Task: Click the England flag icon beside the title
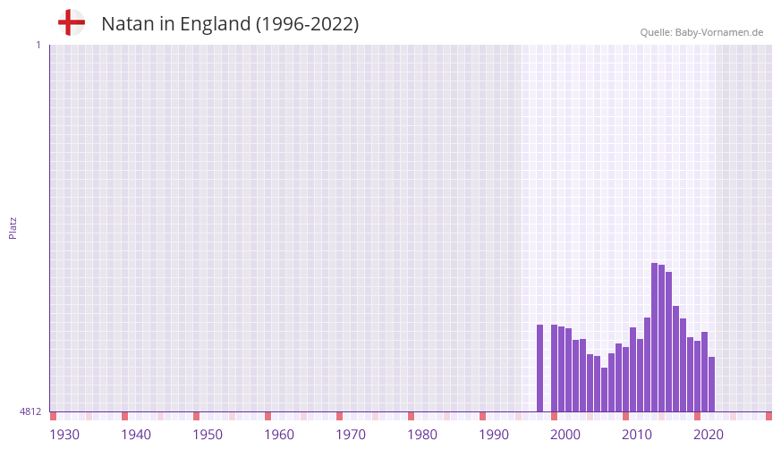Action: coord(72,22)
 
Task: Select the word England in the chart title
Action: coord(215,24)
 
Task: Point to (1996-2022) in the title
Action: coord(307,24)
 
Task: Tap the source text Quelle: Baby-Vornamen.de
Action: coord(701,32)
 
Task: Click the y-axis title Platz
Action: coord(13,227)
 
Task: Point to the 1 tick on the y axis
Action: coord(38,45)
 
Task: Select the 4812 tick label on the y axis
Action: coord(30,411)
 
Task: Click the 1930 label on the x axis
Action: coord(64,435)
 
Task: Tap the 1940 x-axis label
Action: coord(136,435)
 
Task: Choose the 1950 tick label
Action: coord(208,435)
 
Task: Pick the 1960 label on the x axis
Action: coord(279,435)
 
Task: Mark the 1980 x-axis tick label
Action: coord(422,435)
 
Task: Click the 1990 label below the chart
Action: coord(494,435)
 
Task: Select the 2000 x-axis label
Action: coord(565,435)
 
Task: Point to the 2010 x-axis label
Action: coord(637,435)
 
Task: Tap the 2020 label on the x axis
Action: coord(709,435)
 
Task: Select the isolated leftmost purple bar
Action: coord(540,368)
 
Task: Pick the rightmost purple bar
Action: coord(712,384)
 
